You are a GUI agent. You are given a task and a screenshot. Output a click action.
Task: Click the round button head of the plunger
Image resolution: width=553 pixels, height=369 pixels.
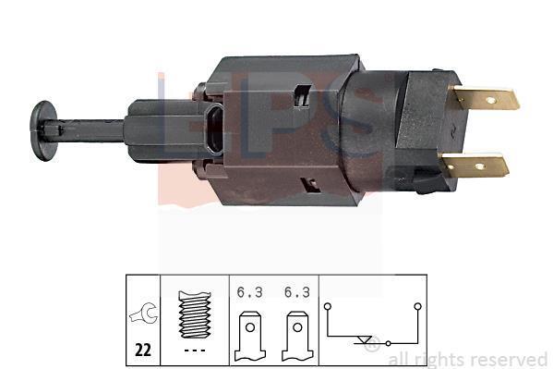pos(43,130)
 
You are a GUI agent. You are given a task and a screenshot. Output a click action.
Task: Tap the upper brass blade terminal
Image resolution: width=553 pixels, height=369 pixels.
pos(486,99)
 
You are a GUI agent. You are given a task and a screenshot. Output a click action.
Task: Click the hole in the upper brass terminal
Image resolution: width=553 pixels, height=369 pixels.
pos(490,101)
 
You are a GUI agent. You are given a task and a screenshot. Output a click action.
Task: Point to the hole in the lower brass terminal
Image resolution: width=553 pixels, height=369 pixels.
pos(479,166)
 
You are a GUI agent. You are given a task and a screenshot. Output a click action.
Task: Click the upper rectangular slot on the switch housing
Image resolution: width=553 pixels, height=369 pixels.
pos(303,95)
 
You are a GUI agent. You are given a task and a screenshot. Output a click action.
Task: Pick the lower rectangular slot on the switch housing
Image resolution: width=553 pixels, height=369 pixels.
pos(309,185)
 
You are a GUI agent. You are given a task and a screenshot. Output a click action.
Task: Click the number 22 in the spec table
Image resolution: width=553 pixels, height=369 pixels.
pos(143,350)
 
